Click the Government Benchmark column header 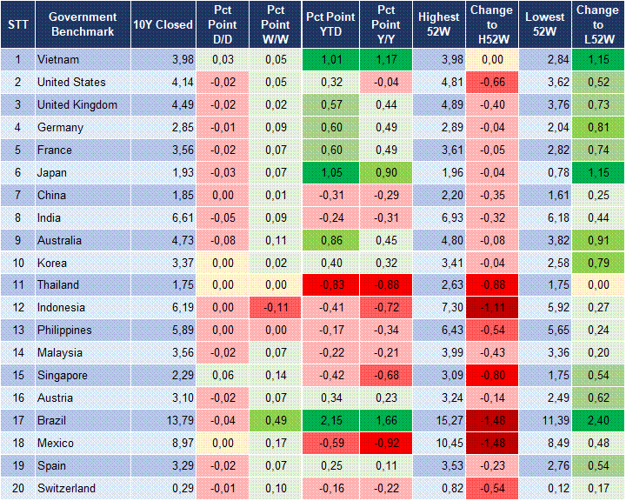click(83, 24)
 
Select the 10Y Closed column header click(163, 24)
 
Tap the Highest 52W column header click(438, 24)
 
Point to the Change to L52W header click(598, 24)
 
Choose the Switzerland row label click(66, 488)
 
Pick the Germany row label click(60, 128)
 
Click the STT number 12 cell click(17, 307)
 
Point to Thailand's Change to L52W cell click(598, 284)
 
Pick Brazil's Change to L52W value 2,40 click(598, 420)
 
